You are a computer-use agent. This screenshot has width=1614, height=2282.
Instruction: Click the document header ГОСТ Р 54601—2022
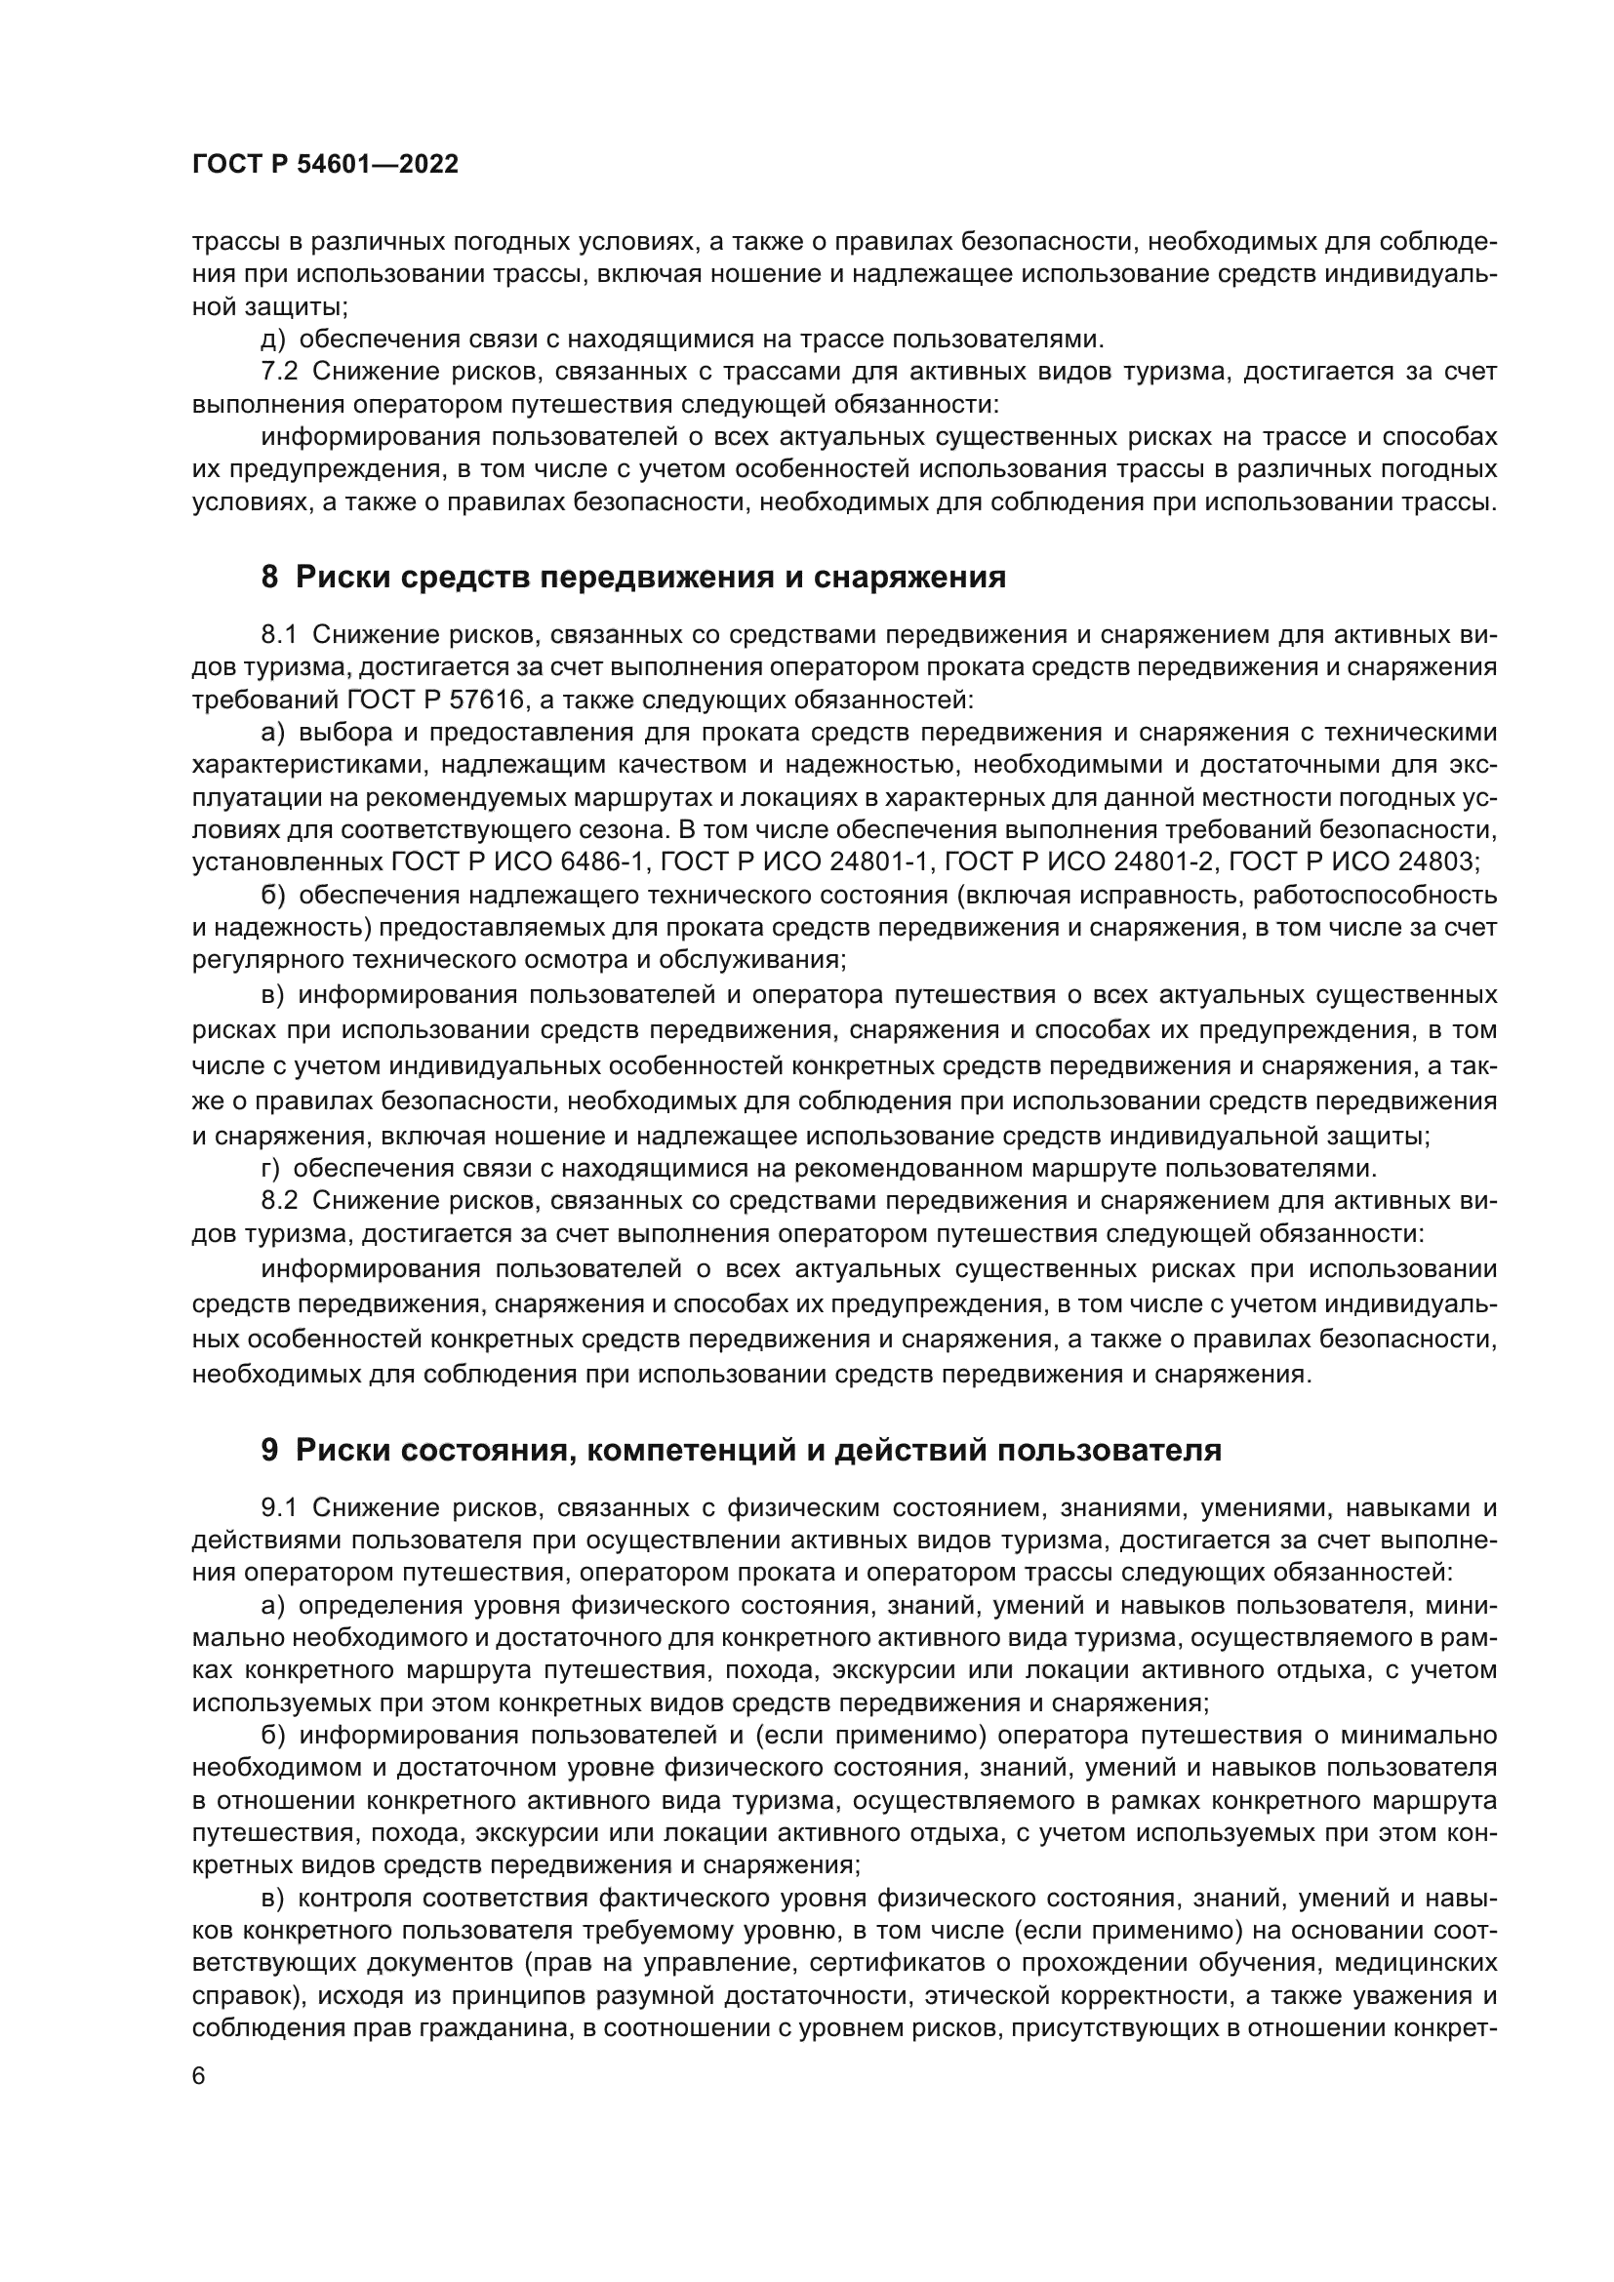click(x=325, y=165)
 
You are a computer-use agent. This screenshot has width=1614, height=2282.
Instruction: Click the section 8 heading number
click(x=269, y=578)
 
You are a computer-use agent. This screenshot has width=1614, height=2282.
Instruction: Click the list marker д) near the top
click(x=272, y=340)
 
